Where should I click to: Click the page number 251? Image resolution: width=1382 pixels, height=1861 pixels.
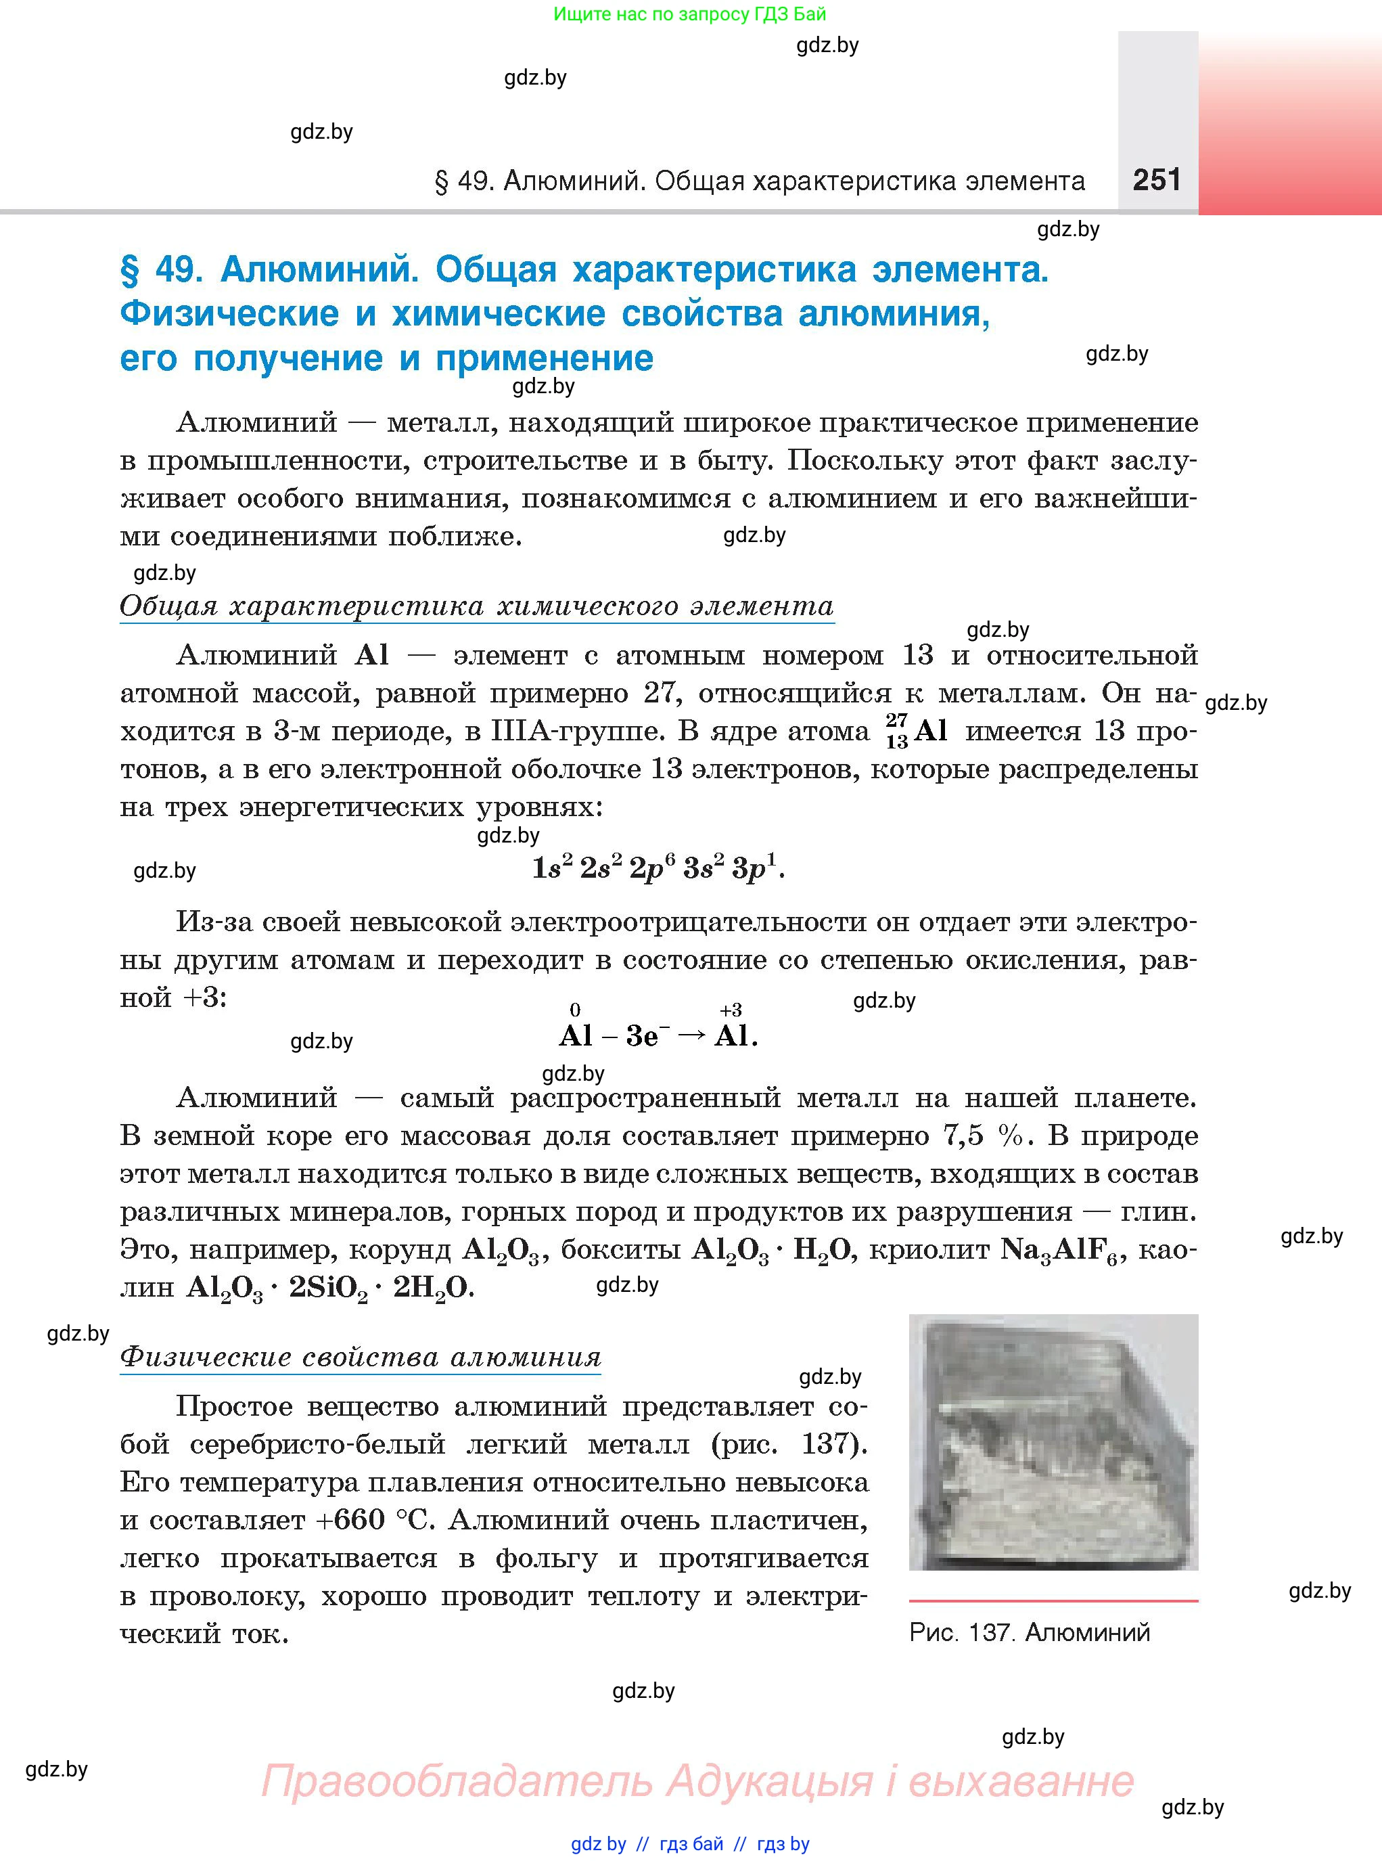1156,180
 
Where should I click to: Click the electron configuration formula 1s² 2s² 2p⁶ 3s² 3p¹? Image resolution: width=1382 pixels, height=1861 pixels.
658,868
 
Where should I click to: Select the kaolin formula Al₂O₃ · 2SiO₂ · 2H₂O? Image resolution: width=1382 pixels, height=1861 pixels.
330,1288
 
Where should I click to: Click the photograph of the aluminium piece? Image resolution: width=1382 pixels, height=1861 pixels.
1053,1442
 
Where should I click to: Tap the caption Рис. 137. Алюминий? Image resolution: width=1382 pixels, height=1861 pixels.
1029,1632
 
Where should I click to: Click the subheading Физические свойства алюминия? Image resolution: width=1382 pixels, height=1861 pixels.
361,1356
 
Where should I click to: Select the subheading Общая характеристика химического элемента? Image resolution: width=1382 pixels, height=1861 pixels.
476,606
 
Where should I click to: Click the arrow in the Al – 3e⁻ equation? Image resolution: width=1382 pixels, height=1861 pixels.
691,1035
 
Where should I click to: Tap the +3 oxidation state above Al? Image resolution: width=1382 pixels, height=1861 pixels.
731,1010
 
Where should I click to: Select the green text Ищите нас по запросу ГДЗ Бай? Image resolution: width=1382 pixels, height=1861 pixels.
689,14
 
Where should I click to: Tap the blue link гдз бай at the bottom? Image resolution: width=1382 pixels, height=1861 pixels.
691,1843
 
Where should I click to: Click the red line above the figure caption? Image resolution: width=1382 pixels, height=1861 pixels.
1053,1600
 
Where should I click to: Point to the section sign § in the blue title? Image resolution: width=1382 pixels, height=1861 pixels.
130,269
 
